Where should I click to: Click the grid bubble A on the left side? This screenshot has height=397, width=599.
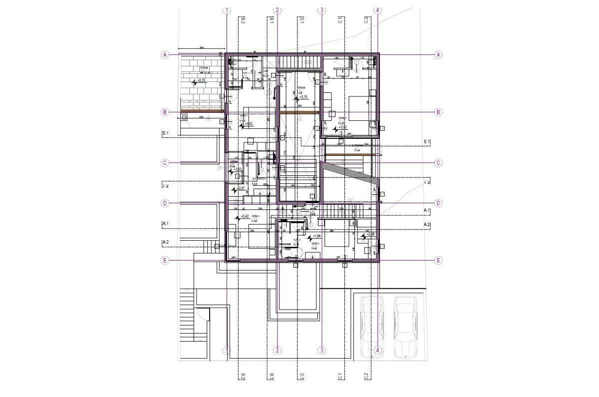165,54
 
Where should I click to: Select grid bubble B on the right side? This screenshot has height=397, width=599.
438,112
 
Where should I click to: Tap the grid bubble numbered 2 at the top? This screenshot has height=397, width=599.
278,10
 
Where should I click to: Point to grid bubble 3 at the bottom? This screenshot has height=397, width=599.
322,351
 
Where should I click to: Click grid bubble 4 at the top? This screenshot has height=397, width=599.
378,10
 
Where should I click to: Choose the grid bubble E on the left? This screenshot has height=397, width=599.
165,260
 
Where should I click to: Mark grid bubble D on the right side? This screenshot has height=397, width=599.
438,203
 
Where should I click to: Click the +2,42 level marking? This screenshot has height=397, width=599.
245,216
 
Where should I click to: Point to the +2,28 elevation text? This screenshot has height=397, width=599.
370,234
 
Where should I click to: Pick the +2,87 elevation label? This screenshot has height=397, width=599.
240,188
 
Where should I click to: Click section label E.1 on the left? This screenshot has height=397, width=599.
166,133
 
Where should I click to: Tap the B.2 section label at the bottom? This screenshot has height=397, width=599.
243,376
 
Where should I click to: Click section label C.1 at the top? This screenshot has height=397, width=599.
339,20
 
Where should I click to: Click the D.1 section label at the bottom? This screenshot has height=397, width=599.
302,376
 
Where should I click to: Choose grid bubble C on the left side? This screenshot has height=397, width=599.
165,163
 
